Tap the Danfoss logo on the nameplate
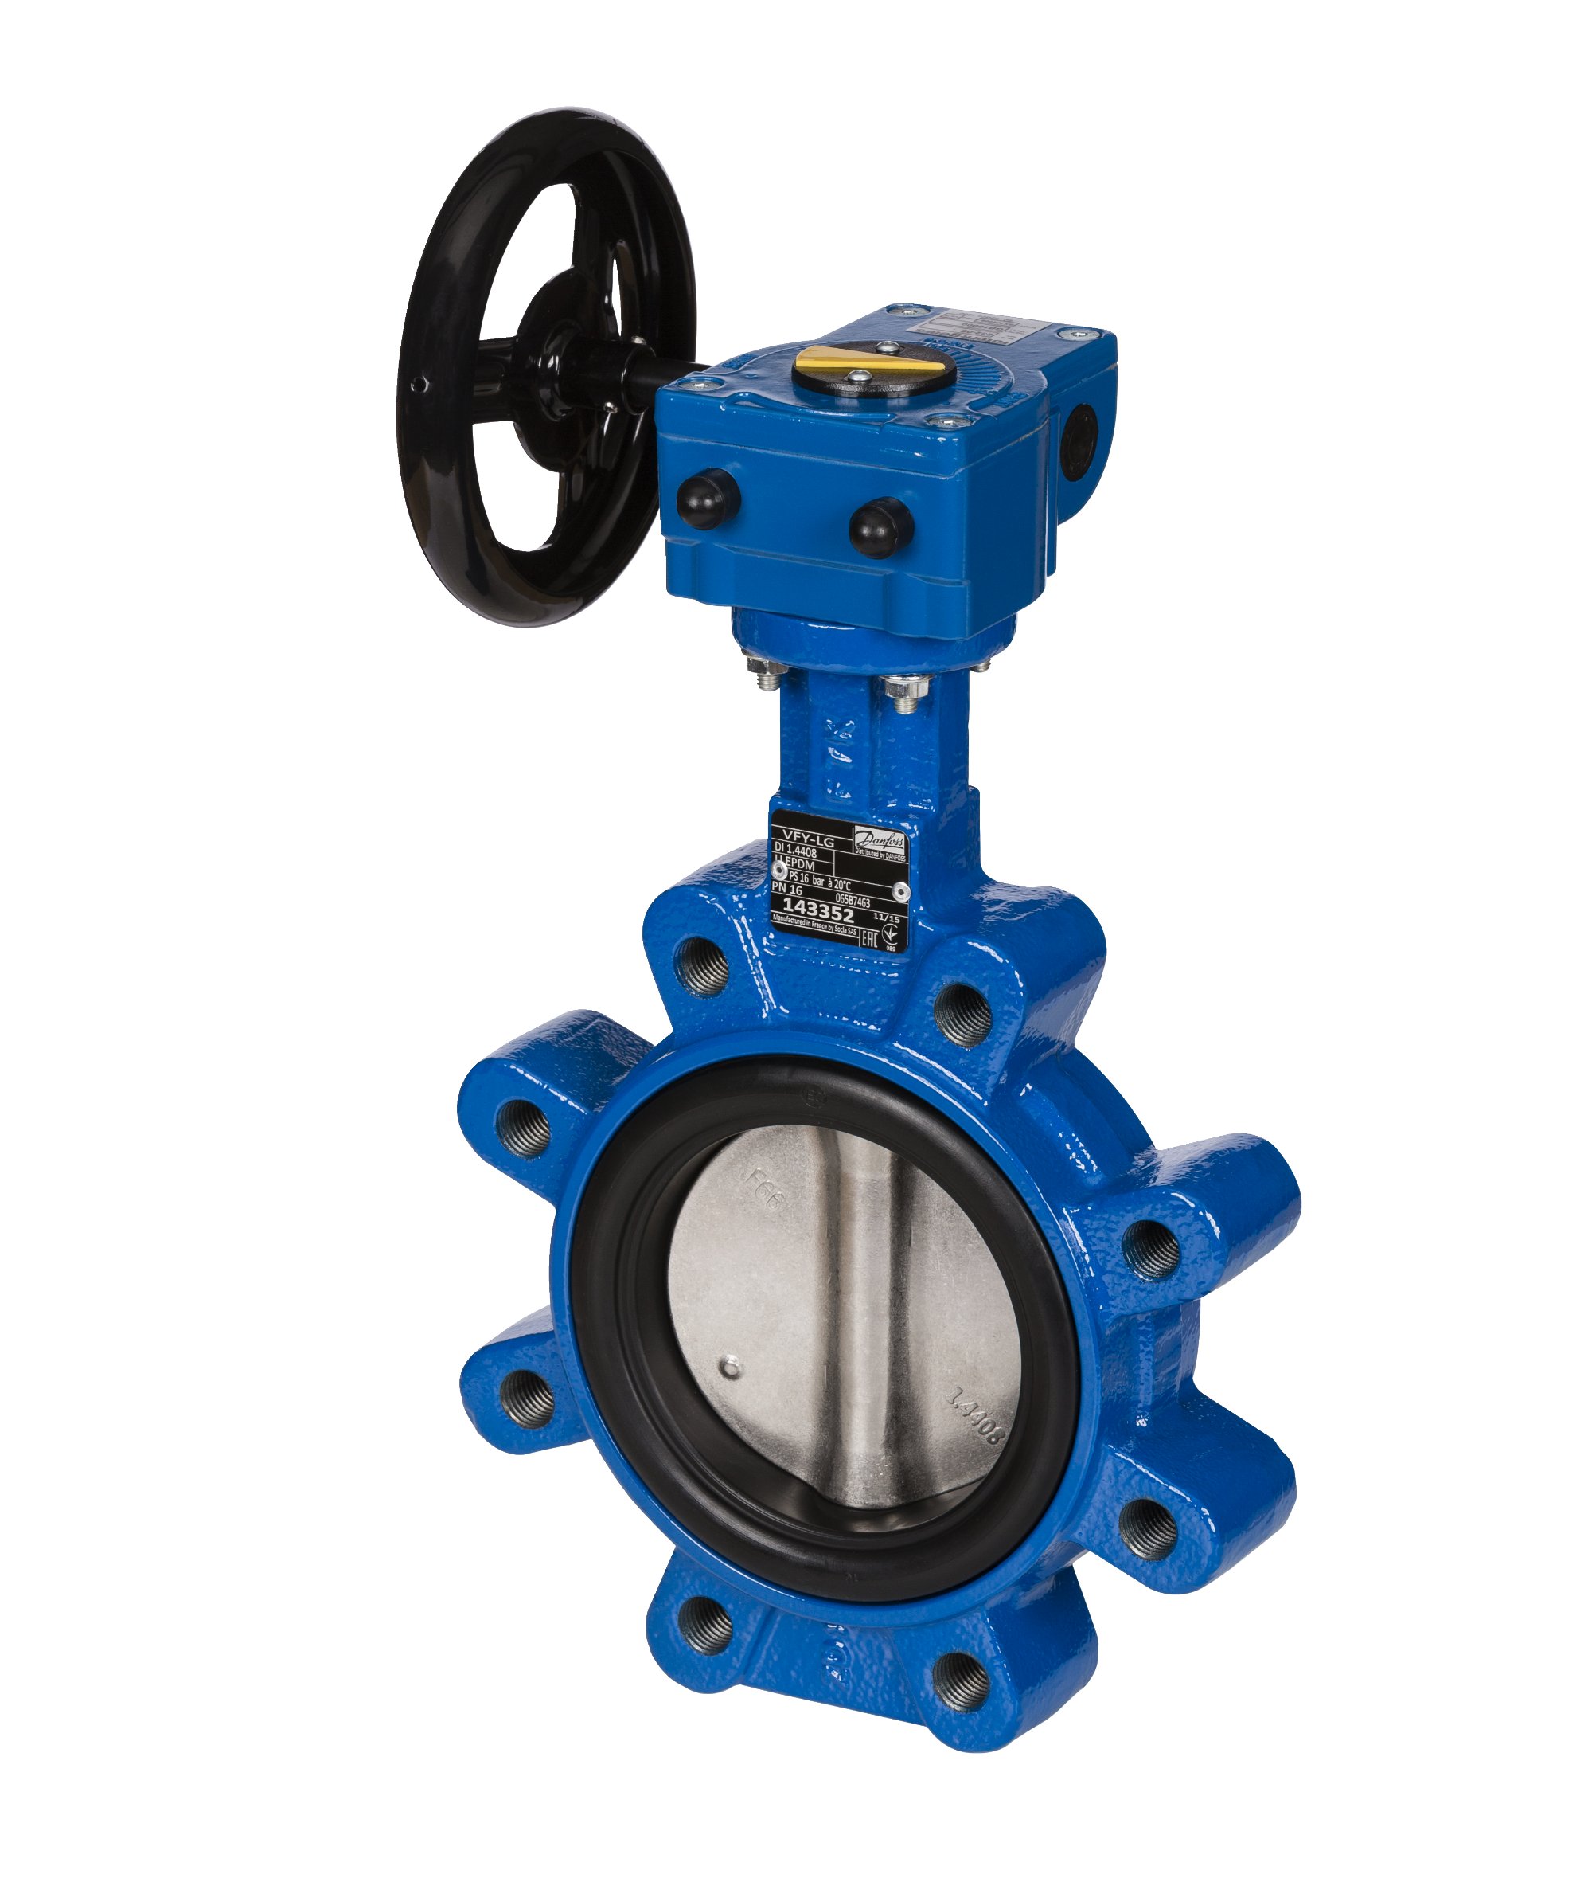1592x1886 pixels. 879,839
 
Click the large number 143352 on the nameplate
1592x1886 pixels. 817,906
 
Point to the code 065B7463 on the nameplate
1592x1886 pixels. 852,900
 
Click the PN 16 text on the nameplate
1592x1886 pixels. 787,890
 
